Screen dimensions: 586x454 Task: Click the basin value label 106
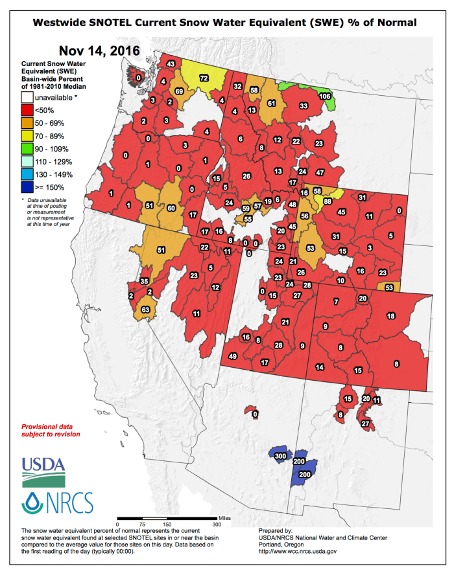coord(326,96)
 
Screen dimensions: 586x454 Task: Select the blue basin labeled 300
coord(280,456)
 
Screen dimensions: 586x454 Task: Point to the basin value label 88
coord(328,201)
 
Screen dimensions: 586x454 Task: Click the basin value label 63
coord(146,310)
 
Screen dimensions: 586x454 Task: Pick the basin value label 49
coord(233,356)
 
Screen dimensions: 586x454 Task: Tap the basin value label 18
coord(390,315)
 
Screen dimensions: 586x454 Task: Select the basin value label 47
coord(320,173)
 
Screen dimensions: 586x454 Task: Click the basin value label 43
coord(171,63)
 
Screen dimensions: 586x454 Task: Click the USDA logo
coord(43,471)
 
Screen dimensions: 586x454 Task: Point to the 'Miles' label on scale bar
coord(224,518)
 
